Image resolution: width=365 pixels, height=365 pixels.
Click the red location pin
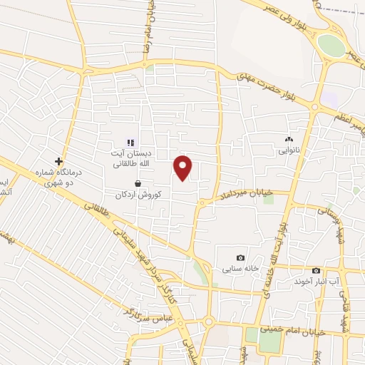[183, 167]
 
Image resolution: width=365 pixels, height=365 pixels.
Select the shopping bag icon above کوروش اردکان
[137, 183]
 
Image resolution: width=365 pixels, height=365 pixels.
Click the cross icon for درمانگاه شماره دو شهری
[59, 161]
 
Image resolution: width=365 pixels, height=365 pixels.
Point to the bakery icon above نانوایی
[289, 140]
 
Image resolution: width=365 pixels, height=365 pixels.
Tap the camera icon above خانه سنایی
[240, 257]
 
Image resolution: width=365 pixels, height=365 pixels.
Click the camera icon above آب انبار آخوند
[316, 270]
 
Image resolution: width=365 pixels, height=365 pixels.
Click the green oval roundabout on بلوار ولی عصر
[330, 46]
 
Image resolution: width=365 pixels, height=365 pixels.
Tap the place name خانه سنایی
[238, 269]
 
